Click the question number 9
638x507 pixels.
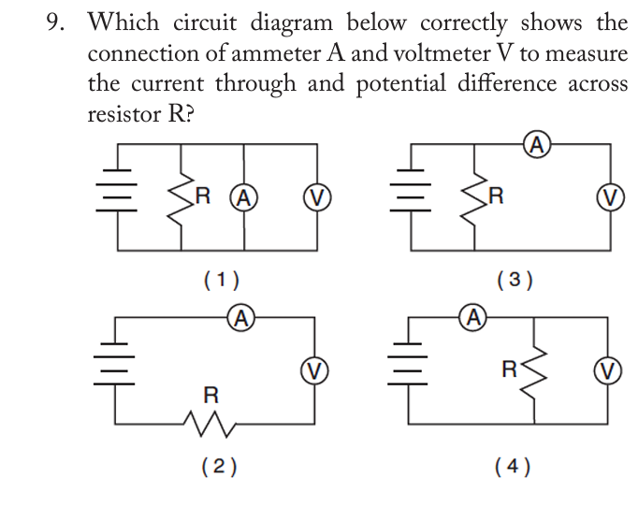coord(57,22)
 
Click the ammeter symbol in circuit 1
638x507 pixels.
coord(244,197)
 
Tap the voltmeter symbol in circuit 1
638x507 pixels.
coord(315,197)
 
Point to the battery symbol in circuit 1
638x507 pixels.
coord(119,197)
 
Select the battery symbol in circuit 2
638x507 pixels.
coord(115,369)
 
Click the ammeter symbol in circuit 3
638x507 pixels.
coord(536,144)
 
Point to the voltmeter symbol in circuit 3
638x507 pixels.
coord(610,197)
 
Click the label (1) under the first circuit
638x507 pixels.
coord(221,278)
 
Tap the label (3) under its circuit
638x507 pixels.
coord(515,278)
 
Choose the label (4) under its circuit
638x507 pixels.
coord(515,466)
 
